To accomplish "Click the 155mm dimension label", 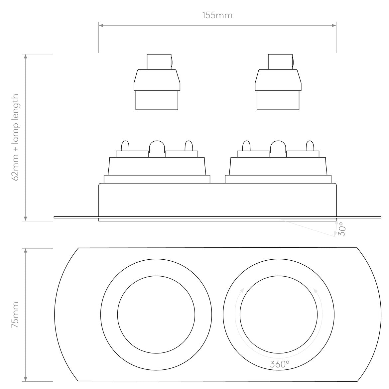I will (217, 15).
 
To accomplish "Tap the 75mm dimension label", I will (16, 315).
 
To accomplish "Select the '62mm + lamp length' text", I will (16, 137).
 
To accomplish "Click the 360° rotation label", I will (280, 364).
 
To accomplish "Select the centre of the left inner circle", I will (156, 315).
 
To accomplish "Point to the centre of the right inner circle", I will (278, 315).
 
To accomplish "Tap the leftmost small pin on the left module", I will (125, 146).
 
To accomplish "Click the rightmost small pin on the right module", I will (310, 146).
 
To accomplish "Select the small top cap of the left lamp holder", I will (159, 62).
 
